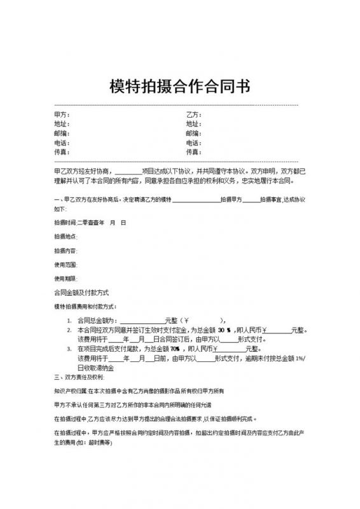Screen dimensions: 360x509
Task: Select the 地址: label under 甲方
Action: click(x=62, y=124)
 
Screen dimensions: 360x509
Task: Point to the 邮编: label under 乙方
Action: click(x=193, y=134)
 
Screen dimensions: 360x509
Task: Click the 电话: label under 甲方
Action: click(x=62, y=143)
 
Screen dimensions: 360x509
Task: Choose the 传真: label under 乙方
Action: click(x=193, y=153)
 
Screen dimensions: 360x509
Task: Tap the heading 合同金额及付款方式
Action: click(x=83, y=293)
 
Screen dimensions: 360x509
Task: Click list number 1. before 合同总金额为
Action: click(x=69, y=321)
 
